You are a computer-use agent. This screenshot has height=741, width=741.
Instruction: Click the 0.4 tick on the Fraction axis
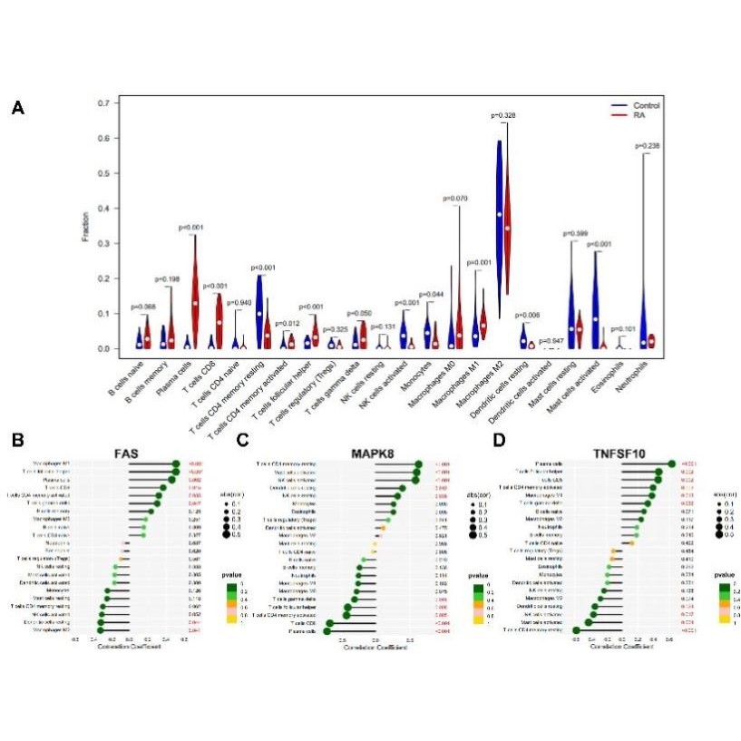pyautogui.click(x=102, y=209)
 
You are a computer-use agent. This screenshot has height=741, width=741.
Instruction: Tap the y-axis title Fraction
pyautogui.click(x=86, y=227)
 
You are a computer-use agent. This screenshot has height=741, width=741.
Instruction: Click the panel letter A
pyautogui.click(x=17, y=109)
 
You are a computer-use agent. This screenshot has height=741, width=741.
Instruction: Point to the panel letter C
pyautogui.click(x=242, y=441)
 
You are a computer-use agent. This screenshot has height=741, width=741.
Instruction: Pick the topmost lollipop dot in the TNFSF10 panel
pyautogui.click(x=671, y=464)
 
